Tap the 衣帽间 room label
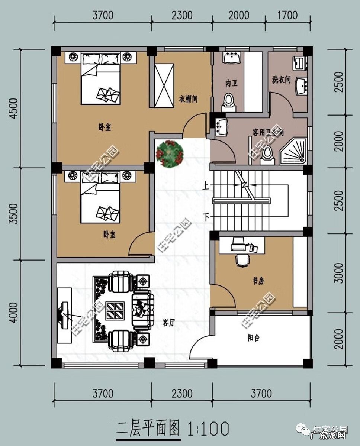[x=189, y=99]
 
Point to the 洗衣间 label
[x=281, y=79]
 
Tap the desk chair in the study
[x=242, y=260]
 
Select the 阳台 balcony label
[x=254, y=338]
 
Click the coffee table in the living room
[x=115, y=311]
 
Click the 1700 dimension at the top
[x=287, y=15]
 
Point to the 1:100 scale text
[x=209, y=429]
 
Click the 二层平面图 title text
[x=148, y=429]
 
